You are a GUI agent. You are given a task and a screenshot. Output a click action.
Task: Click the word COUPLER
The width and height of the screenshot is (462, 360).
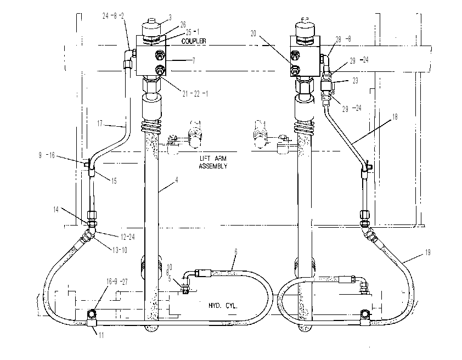194,41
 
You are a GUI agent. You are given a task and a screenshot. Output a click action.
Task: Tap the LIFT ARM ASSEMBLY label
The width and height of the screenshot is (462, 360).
213,162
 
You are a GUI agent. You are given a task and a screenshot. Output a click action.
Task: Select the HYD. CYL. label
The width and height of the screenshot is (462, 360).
223,306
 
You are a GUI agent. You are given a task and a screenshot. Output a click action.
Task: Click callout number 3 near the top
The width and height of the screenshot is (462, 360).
170,18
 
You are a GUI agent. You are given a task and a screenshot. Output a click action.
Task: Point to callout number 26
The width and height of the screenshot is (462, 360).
183,25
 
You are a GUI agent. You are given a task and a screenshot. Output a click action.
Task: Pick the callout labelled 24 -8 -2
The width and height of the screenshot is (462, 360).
113,16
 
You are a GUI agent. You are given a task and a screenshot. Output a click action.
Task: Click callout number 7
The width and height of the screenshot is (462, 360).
194,61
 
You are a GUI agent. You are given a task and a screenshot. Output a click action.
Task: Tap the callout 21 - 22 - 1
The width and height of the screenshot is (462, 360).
195,94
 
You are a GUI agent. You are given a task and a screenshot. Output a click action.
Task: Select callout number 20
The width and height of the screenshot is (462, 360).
253,33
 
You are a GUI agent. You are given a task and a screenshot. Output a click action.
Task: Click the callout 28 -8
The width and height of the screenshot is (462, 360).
343,39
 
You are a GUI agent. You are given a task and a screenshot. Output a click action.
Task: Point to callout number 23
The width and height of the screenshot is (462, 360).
356,81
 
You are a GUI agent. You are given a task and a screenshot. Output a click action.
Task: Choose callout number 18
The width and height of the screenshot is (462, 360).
395,117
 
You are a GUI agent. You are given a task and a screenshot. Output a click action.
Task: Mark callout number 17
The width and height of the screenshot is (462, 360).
100,123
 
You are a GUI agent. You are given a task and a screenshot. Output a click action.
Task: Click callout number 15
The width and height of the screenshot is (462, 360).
114,181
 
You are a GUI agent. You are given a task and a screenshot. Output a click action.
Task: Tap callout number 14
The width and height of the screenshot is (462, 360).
56,210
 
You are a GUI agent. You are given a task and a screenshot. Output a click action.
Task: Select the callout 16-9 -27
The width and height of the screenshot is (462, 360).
117,282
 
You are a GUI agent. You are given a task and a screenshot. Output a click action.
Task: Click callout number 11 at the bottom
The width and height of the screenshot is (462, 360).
101,335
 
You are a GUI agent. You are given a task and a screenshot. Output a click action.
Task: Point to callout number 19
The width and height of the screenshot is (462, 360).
427,252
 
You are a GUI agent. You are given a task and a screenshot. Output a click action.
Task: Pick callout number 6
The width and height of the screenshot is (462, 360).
236,252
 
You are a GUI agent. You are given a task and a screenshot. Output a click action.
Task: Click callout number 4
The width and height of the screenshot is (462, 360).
177,179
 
